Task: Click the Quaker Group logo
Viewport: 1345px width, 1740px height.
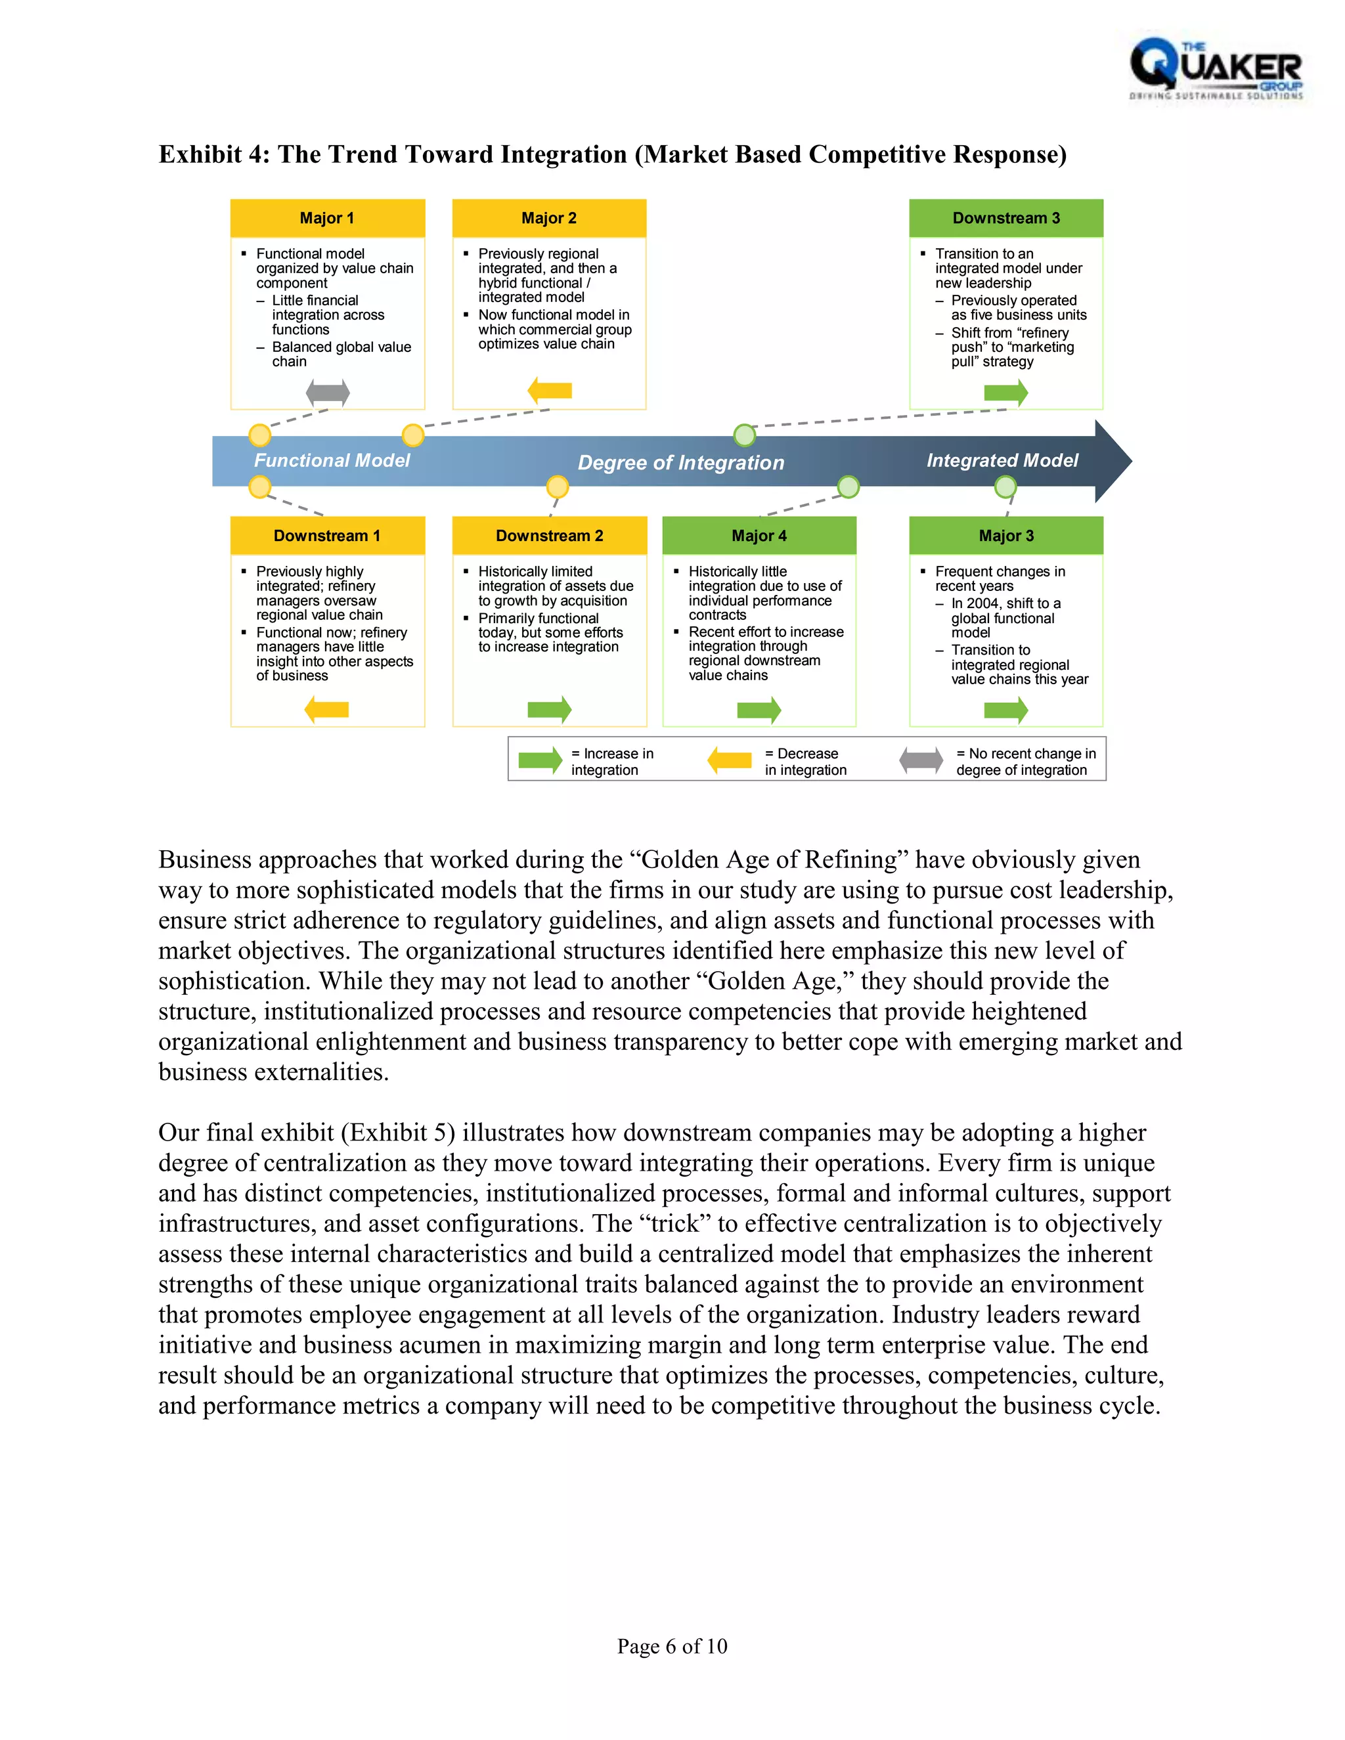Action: point(1216,70)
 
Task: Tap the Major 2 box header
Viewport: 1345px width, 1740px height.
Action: point(549,218)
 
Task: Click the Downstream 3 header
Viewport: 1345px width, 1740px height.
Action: point(1006,218)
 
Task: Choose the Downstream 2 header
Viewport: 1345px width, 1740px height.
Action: point(549,535)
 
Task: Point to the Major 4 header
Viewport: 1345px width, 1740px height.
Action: point(759,535)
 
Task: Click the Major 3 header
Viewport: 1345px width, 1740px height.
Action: point(1006,535)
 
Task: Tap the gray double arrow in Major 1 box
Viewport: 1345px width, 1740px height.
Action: point(328,392)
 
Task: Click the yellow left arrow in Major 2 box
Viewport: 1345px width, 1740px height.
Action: point(550,391)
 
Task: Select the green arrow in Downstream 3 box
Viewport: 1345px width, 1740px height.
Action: point(1006,392)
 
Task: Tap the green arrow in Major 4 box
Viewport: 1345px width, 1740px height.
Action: point(759,709)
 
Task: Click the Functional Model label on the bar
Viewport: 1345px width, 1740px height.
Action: point(332,460)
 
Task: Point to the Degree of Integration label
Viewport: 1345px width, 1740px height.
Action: point(680,463)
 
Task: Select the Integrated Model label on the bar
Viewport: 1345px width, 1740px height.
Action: point(1002,460)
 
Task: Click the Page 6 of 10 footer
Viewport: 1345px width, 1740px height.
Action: point(672,1646)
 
